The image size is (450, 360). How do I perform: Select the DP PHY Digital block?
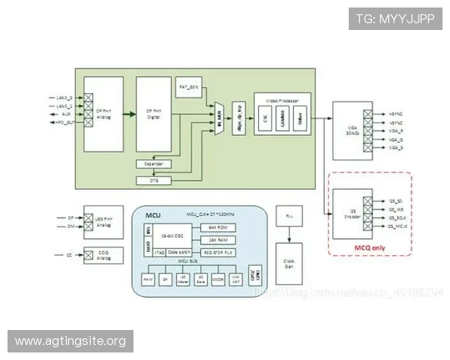pos(154,114)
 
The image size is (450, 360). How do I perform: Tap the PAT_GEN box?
pos(189,87)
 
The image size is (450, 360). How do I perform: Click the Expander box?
pos(153,163)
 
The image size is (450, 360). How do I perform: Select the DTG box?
pos(153,180)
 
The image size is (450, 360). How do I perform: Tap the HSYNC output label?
pos(397,113)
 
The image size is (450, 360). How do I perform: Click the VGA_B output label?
pos(397,148)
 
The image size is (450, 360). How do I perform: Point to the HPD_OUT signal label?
pos(65,122)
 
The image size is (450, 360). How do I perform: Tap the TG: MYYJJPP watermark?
pos(394,19)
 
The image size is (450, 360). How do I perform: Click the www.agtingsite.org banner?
pos(72,342)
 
